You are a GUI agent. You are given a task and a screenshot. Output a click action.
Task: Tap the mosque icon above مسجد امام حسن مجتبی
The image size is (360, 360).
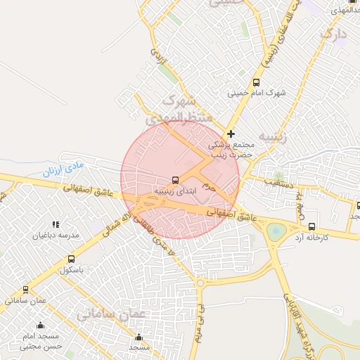[x=39, y=326]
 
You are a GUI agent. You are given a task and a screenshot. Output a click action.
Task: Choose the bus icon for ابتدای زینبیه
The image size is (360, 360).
[x=175, y=179]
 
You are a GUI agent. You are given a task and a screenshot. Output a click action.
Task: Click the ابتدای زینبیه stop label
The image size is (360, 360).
[x=170, y=191]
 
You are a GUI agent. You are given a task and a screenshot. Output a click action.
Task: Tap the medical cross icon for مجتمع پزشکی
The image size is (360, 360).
[x=231, y=134]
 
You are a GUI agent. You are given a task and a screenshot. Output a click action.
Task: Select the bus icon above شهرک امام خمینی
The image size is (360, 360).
[x=255, y=82]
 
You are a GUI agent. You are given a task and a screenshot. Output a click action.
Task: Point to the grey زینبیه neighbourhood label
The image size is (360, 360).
[x=272, y=136]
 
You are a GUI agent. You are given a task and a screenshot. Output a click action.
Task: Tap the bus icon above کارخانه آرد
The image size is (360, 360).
[x=312, y=226]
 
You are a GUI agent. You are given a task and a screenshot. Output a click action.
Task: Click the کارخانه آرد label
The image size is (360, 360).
[x=313, y=238]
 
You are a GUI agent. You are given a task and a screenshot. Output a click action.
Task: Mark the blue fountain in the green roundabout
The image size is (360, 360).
[x=276, y=230]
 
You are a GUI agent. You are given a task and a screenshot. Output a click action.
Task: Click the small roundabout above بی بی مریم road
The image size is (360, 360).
[x=200, y=283]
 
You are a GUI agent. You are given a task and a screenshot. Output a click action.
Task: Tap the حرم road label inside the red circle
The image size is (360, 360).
[x=207, y=187]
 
